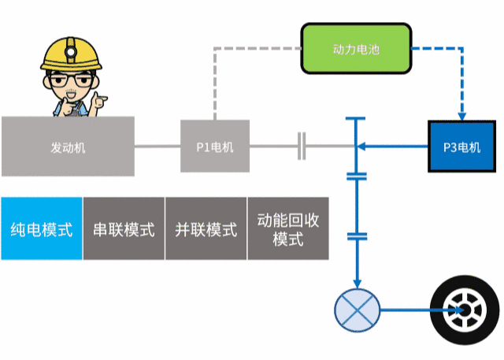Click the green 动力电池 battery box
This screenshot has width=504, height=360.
click(356, 49)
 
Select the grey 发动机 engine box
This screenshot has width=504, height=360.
click(68, 147)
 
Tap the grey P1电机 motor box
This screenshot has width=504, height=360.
click(215, 147)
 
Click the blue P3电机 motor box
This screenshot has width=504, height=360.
click(461, 147)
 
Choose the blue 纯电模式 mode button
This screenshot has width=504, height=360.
click(41, 229)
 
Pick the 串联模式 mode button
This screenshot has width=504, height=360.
click(124, 229)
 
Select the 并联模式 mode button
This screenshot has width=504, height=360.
click(206, 229)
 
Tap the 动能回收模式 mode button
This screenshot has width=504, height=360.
click(287, 229)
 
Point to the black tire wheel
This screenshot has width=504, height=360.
click(463, 309)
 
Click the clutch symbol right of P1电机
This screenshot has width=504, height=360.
click(302, 147)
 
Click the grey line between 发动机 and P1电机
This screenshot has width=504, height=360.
click(157, 147)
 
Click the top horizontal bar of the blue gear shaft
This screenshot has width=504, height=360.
click(357, 119)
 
